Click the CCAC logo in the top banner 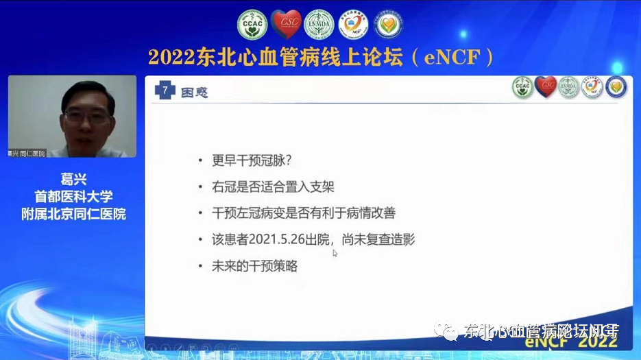coord(252,24)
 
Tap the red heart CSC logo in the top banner coord(285,24)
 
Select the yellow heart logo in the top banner coord(389,24)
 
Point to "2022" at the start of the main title coord(167,56)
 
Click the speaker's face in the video coord(87,112)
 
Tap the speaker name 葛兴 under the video coord(73,180)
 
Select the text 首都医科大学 coord(73,197)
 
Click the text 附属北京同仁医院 coord(73,213)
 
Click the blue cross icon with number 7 coord(165,91)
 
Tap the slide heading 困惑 coord(194,91)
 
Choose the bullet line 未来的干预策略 coord(255,266)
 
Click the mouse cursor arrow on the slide coord(335,253)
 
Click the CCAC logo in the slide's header coord(522,86)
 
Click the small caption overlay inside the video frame coord(26,152)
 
